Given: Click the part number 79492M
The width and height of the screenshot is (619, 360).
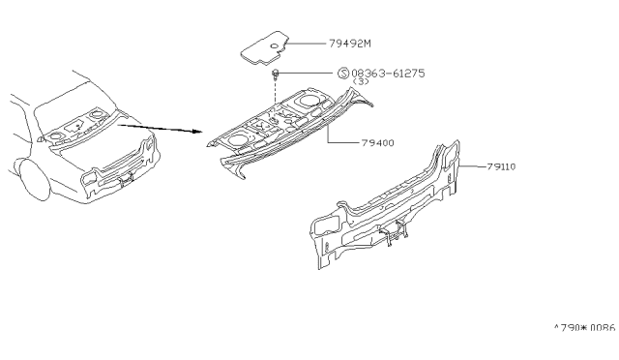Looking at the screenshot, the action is click(350, 44).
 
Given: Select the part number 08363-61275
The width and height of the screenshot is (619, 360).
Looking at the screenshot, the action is click(388, 74).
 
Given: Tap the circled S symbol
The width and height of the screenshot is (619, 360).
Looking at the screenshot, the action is click(343, 74).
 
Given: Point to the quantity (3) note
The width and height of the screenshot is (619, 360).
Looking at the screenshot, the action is click(361, 81).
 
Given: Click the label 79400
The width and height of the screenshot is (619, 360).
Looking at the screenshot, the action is click(378, 142).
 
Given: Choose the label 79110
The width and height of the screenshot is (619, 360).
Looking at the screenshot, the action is click(501, 166).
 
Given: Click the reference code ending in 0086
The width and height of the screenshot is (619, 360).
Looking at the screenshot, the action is click(585, 328).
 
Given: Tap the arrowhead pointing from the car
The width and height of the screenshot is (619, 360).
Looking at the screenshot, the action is click(197, 132).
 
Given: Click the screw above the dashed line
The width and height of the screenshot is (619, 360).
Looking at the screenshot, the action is click(275, 74).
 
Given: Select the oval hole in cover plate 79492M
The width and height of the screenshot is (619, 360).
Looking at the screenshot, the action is click(275, 46).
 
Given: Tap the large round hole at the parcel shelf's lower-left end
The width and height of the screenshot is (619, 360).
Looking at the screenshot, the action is click(236, 139).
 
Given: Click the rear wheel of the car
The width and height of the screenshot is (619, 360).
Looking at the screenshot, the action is click(34, 180).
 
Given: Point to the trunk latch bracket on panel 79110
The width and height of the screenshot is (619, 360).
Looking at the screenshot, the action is click(394, 231).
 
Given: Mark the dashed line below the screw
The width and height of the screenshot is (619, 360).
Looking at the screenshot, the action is click(275, 94).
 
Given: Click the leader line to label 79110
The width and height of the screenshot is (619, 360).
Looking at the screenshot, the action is click(473, 166).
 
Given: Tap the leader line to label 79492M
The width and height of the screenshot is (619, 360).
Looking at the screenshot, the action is click(307, 44).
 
